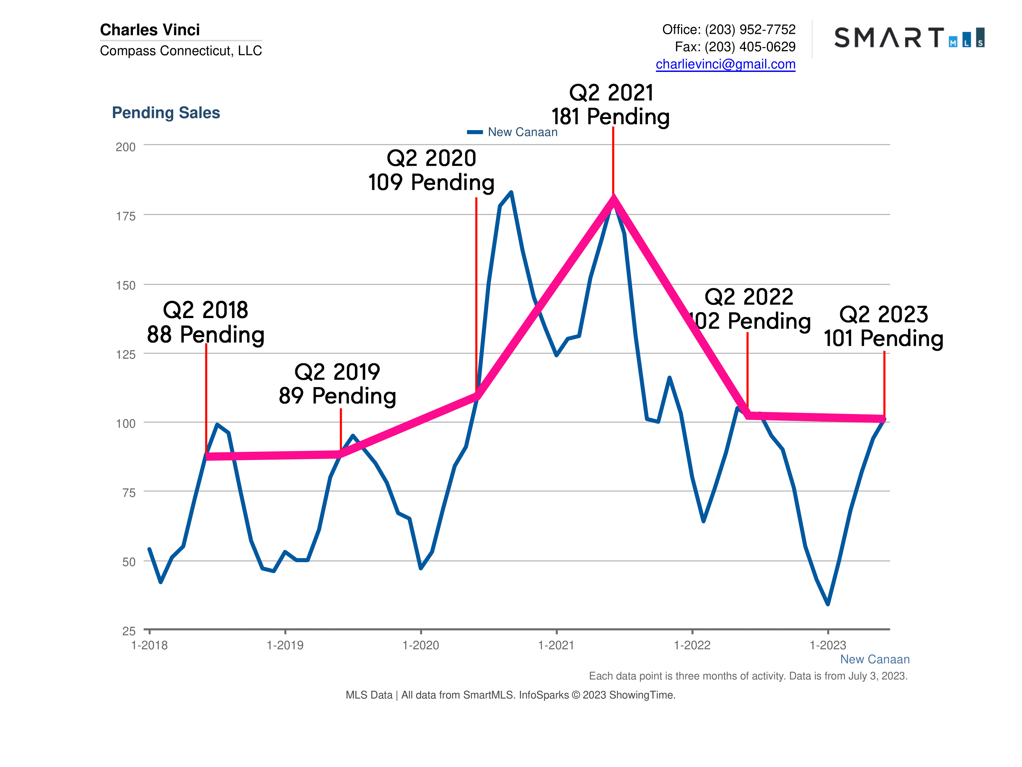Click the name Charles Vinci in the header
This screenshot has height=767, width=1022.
pyautogui.click(x=150, y=29)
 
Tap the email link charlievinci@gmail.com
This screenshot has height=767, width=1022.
pyautogui.click(x=725, y=64)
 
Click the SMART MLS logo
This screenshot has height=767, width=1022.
pyautogui.click(x=909, y=37)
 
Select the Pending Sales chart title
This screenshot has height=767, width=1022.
pyautogui.click(x=166, y=112)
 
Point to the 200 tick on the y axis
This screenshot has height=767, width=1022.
pyautogui.click(x=126, y=147)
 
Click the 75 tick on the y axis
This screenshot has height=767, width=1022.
pyautogui.click(x=129, y=493)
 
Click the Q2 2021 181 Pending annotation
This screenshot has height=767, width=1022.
pyautogui.click(x=610, y=105)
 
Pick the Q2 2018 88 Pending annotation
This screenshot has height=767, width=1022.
pyautogui.click(x=205, y=322)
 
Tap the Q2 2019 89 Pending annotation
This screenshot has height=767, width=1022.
pyautogui.click(x=337, y=384)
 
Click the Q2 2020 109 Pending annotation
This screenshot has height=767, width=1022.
pyautogui.click(x=431, y=170)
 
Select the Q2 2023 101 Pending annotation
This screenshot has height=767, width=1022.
pyautogui.click(x=883, y=326)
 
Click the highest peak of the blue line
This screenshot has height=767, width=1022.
pyautogui.click(x=511, y=192)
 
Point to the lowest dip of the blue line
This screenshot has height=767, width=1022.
pyautogui.click(x=828, y=604)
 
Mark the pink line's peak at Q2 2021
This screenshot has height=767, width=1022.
pyautogui.click(x=613, y=199)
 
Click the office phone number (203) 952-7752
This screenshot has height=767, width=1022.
pyautogui.click(x=750, y=29)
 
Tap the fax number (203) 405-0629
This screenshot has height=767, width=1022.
pyautogui.click(x=750, y=47)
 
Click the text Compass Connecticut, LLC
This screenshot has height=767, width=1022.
pyautogui.click(x=181, y=50)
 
